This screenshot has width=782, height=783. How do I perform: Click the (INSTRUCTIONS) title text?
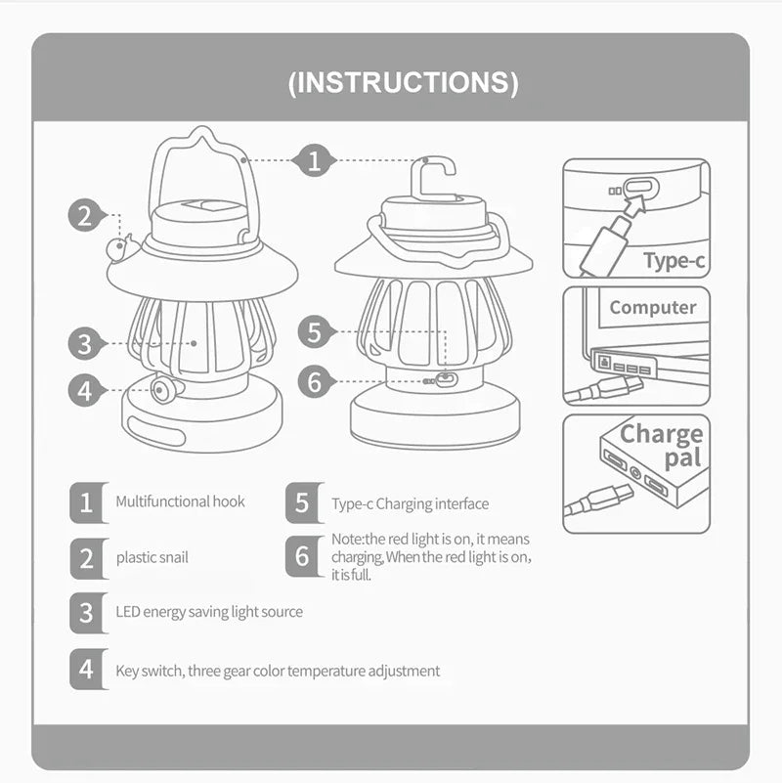403,82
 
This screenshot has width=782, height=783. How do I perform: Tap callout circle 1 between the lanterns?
314,159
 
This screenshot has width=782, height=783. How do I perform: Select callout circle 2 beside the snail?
86,215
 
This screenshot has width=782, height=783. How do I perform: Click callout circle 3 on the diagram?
86,343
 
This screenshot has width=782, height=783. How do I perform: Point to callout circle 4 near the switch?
86,391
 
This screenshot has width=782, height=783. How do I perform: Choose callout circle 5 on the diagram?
314,331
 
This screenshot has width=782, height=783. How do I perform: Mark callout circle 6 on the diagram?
314,381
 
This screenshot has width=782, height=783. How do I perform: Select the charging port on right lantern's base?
446,380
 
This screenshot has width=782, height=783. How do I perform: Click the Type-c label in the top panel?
673,260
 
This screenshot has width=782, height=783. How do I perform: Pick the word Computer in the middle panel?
652,307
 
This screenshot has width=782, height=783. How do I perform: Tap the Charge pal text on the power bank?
662,446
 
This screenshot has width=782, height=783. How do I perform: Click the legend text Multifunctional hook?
180,501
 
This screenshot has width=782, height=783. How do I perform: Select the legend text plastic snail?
152,557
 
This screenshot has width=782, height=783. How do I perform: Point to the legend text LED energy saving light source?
209,612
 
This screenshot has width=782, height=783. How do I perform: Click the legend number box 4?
87,670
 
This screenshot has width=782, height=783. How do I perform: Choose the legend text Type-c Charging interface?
410,504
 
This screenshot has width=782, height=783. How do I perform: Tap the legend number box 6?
302,556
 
